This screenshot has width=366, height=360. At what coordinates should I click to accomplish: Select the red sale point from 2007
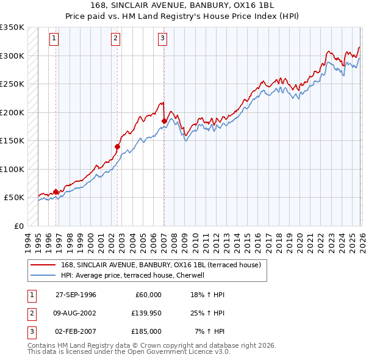point(164,121)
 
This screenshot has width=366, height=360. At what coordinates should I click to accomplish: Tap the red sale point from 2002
point(118,146)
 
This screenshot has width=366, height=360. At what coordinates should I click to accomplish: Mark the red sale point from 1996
point(56,192)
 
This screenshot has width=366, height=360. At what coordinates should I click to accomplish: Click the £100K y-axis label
point(12,169)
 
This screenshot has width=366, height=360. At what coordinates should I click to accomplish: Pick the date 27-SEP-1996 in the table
point(76,295)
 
